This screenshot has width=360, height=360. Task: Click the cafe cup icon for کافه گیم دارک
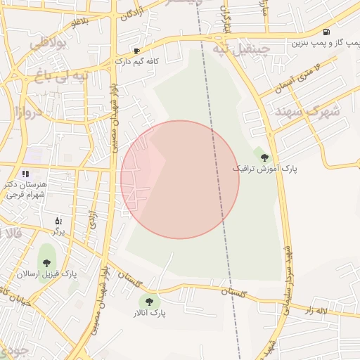pyautogui.click(x=136, y=51)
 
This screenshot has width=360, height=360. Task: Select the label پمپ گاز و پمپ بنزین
pyautogui.click(x=326, y=43)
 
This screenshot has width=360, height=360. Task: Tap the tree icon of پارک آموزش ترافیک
pyautogui.click(x=264, y=158)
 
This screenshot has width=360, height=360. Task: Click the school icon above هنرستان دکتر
pyautogui.click(x=25, y=173)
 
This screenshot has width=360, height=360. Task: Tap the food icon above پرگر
pyautogui.click(x=58, y=221)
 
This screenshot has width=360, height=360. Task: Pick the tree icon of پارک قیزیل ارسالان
pyautogui.click(x=46, y=262)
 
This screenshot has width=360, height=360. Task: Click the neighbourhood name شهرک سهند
pyautogui.click(x=307, y=112)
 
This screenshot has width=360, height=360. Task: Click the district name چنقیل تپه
pyautogui.click(x=244, y=50)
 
